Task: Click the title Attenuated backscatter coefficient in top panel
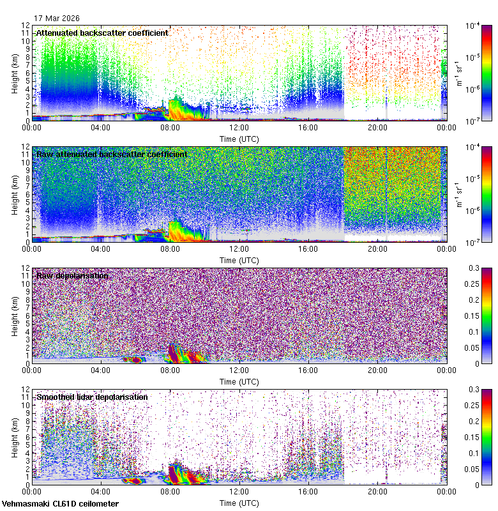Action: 102,33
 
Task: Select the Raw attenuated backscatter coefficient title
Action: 112,154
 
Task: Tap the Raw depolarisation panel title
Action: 72,275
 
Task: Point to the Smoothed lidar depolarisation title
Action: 92,397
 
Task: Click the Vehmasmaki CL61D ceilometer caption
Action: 60,504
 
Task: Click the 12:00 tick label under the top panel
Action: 239,128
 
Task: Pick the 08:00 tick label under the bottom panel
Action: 170,492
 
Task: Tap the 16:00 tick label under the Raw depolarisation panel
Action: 308,370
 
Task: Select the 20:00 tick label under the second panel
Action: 377,249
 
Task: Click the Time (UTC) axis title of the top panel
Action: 239,139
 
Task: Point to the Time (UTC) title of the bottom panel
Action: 239,503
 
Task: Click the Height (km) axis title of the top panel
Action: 15,73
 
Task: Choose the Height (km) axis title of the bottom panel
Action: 15,437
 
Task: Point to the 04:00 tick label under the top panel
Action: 102,128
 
